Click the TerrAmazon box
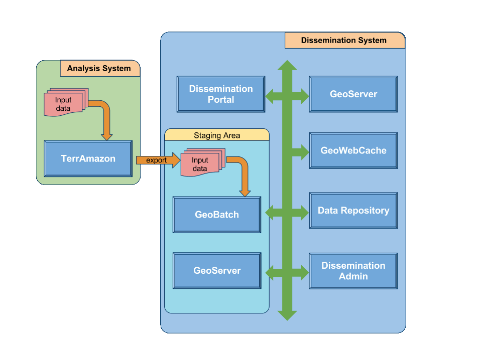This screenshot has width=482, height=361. click(88, 158)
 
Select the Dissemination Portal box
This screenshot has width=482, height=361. click(221, 94)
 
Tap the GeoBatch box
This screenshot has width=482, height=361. click(217, 215)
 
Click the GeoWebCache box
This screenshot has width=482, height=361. click(353, 150)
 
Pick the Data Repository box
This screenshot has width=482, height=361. click(353, 211)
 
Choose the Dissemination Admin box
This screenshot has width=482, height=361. click(353, 271)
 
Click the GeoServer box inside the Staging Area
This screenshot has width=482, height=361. click(217, 270)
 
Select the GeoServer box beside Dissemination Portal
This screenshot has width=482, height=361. click(353, 94)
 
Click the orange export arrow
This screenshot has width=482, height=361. click(158, 160)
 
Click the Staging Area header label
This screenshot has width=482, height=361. click(217, 135)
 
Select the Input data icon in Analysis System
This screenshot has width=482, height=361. click(66, 102)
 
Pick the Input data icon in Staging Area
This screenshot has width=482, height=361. click(202, 162)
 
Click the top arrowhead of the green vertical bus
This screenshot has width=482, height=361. click(287, 65)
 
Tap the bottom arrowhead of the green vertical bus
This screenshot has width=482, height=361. click(287, 315)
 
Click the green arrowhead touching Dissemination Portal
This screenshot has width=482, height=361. click(270, 96)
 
